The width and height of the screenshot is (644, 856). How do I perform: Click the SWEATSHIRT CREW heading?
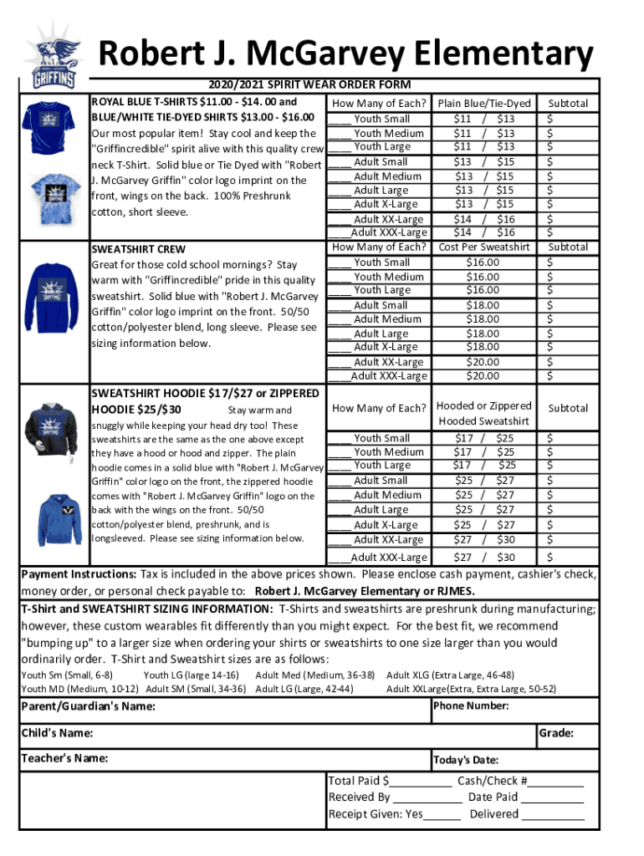pyautogui.click(x=138, y=249)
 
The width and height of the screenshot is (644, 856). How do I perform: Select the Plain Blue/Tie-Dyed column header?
pyautogui.click(x=484, y=104)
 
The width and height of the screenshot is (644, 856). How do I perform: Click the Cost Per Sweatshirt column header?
pyautogui.click(x=483, y=247)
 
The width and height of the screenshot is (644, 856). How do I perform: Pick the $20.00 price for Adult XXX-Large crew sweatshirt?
pyautogui.click(x=483, y=376)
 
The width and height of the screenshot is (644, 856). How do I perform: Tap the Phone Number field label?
pyautogui.click(x=471, y=706)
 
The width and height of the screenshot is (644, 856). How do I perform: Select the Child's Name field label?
pyautogui.click(x=57, y=733)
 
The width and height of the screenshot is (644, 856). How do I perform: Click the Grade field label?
pyautogui.click(x=556, y=733)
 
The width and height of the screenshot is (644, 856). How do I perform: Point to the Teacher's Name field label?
pyautogui.click(x=64, y=759)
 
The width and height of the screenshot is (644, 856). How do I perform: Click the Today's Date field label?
pyautogui.click(x=467, y=760)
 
